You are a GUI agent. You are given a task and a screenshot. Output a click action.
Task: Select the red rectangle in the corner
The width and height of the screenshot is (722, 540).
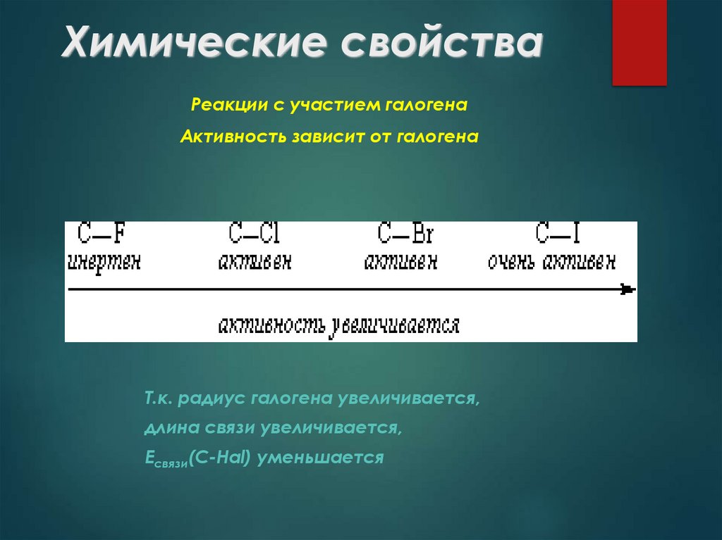[x=639, y=42]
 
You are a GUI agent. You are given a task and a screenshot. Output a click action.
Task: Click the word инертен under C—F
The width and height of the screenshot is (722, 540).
[x=104, y=262]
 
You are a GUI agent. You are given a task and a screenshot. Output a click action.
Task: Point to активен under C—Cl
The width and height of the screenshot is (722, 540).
[x=255, y=262]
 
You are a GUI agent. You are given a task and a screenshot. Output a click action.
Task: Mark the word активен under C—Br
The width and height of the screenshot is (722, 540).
[x=400, y=262]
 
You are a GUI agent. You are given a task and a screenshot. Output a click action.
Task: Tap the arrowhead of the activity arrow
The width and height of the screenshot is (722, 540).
[x=628, y=289]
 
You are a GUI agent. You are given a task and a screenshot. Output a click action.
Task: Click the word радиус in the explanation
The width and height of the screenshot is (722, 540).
[x=204, y=398]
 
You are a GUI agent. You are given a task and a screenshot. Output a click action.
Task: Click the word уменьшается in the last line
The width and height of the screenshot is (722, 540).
[x=320, y=458]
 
